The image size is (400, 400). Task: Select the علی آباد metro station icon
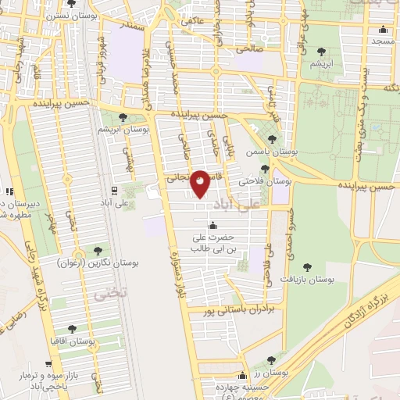(114, 190)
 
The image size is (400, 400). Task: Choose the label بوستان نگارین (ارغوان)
(97, 264)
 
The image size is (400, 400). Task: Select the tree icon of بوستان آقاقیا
(72, 330)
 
